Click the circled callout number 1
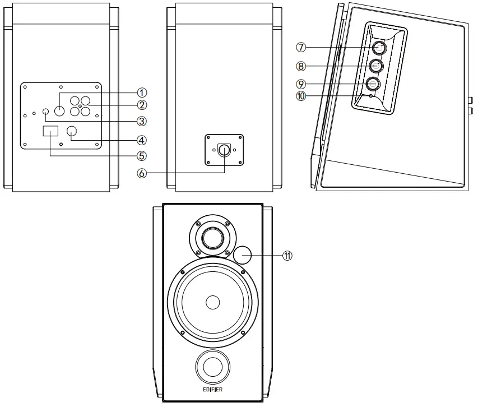point(142,92)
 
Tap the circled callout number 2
point(142,105)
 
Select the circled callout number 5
point(142,155)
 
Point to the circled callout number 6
point(142,174)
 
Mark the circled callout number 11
point(287,256)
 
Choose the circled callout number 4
point(142,140)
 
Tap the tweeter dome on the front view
point(212,238)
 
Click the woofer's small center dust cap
point(212,303)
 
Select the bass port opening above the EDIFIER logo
point(212,367)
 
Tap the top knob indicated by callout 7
point(377,48)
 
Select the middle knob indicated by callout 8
point(375,66)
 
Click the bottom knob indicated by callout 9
point(373,84)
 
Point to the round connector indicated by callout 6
point(224,150)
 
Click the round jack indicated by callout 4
point(73,132)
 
